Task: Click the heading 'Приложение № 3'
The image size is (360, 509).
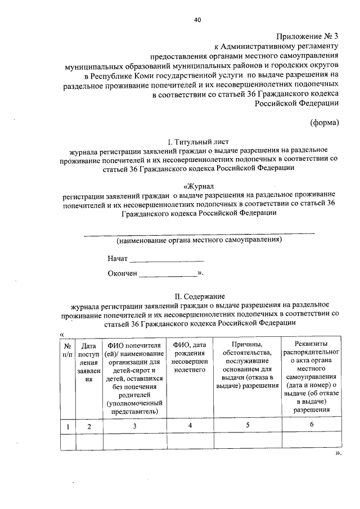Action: [308, 37]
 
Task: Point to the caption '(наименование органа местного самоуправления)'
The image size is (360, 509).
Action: [199, 240]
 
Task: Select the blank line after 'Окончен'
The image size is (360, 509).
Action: [168, 276]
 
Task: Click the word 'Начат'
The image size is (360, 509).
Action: [118, 259]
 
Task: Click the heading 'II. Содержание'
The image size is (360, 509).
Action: [199, 296]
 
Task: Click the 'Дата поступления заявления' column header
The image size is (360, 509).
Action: [88, 363]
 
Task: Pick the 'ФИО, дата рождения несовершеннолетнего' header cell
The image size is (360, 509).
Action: [190, 358]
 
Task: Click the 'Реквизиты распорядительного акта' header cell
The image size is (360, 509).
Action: [311, 376]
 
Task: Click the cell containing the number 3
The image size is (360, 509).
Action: [134, 426]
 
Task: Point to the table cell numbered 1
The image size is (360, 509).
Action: [67, 426]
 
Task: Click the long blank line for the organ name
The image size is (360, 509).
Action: [199, 232]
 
